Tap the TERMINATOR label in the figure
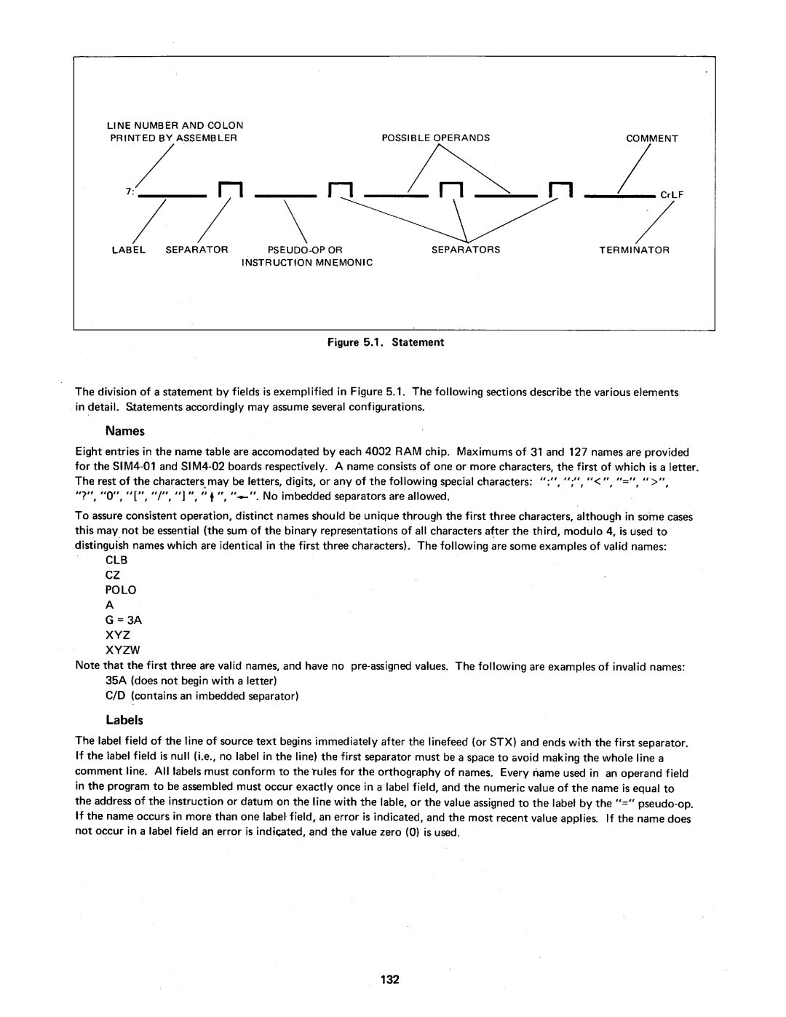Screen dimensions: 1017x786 pos(634,249)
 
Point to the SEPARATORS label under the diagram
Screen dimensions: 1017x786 pos(466,249)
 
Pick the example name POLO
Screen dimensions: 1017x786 pos(121,590)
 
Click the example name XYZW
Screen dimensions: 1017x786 pos(122,650)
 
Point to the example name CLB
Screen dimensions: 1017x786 pos(116,561)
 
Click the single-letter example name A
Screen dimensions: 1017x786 pos(110,605)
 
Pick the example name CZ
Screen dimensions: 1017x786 pos(113,575)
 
